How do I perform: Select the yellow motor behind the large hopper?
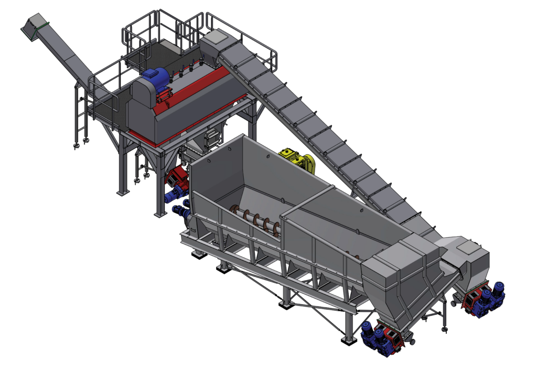click(x=298, y=159)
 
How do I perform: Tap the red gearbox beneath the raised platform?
click(x=179, y=179)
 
